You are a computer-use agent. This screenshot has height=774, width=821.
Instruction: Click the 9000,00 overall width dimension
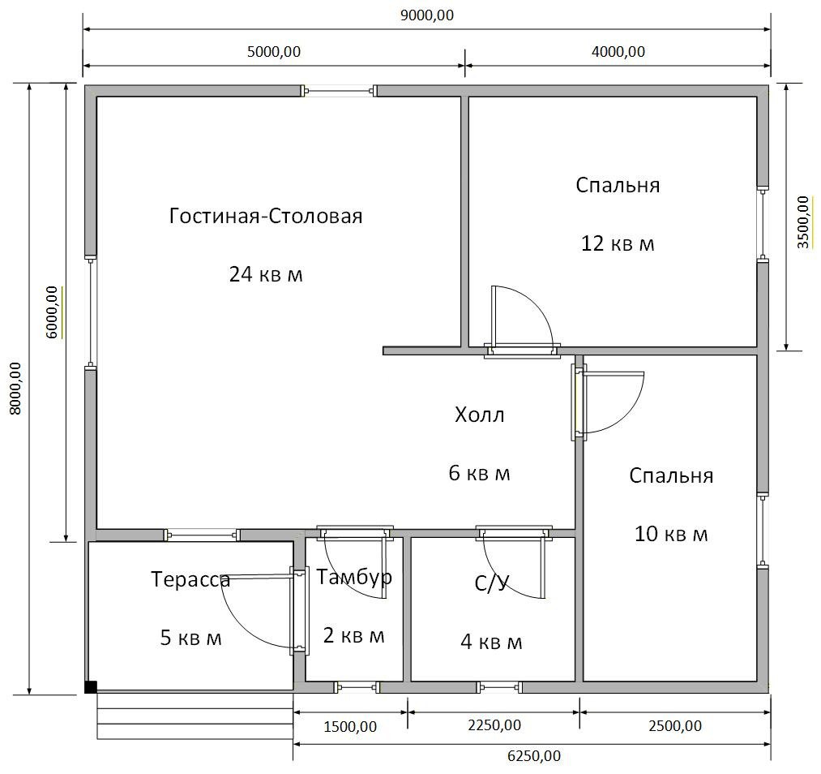pos(427,15)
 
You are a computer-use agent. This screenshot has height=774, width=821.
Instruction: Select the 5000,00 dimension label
pos(273,52)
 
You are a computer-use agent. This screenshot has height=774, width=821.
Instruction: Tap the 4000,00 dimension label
pos(618,52)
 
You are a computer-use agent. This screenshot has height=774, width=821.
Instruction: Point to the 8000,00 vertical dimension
pos(15,389)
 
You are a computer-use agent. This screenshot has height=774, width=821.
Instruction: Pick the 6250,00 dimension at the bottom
pos(533,756)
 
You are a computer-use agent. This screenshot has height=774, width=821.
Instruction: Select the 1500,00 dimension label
pos(350,727)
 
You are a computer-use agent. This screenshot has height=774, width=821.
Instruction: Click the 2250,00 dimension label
pos(494,725)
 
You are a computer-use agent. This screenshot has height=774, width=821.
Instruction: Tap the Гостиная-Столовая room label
pos(266,216)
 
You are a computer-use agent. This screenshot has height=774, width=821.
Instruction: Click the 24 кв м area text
pos(266,274)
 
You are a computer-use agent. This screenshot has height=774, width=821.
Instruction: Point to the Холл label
pos(479,415)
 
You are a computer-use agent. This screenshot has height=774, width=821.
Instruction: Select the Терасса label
pos(190,579)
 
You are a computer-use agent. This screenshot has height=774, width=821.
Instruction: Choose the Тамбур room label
pos(354,578)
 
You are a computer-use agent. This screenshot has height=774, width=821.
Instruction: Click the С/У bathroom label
pos(492,583)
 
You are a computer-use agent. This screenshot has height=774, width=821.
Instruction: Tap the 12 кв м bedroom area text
pos(618,243)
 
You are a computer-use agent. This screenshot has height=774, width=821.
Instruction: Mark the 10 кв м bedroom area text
pos(671,534)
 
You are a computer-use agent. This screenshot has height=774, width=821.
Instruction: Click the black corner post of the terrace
pos(91,687)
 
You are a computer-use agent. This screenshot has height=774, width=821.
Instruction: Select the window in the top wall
pos(339,91)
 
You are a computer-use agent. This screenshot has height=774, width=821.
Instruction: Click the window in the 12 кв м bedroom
pos(763,223)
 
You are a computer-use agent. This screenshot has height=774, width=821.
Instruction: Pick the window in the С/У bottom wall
pos(499,687)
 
